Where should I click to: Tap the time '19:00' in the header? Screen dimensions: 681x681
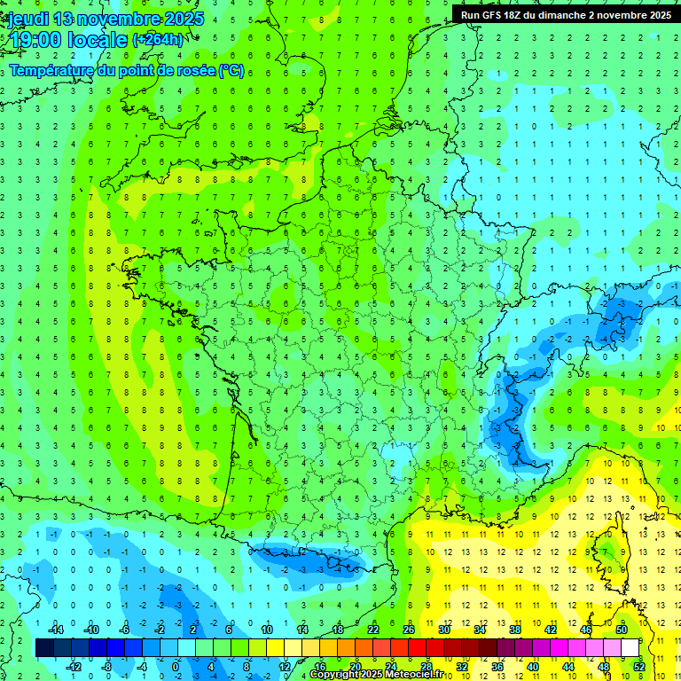(x=37, y=40)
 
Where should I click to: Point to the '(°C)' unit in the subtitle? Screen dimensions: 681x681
(x=232, y=71)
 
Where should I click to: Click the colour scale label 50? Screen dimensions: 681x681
(x=621, y=630)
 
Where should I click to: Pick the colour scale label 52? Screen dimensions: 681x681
(x=639, y=666)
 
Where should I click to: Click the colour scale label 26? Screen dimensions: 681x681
(x=408, y=630)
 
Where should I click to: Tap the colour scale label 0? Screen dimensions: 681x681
(x=175, y=666)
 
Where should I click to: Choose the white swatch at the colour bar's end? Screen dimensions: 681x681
(x=630, y=648)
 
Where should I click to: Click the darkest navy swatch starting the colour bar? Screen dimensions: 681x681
(x=44, y=648)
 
